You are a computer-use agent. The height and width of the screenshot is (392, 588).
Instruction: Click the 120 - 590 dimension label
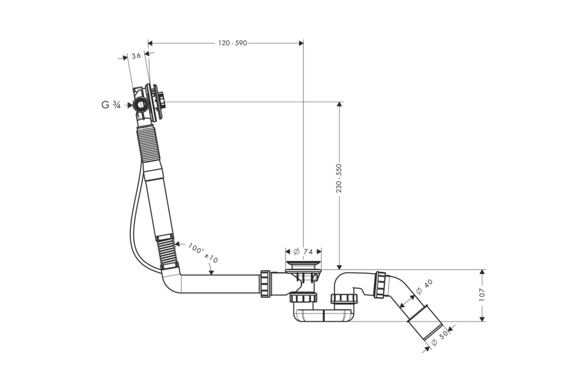point(233,43)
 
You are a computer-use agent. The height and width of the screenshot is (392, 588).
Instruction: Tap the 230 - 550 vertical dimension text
point(339,178)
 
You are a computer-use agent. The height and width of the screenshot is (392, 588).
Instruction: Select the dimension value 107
point(482,294)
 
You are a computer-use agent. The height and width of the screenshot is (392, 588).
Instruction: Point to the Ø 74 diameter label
point(303,252)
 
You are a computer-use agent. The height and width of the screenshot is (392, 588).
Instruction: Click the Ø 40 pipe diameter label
point(424,287)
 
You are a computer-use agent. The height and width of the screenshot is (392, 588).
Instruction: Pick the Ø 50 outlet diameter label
point(440,339)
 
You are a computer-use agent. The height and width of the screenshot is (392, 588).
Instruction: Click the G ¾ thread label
point(111,105)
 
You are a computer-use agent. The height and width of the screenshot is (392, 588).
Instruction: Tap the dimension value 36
point(136,56)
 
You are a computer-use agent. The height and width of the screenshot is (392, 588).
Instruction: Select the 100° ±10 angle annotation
point(203,253)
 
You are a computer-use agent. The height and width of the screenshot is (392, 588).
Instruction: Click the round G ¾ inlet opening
point(141,105)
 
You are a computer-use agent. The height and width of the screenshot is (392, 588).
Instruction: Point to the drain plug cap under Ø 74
point(303,263)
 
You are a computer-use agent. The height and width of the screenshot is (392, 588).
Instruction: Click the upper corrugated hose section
point(148,144)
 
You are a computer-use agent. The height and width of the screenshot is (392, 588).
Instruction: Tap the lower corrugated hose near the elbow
point(168,251)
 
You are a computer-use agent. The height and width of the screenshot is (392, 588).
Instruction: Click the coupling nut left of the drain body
point(266,284)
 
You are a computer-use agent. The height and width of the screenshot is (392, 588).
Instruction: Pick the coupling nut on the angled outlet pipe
point(380,285)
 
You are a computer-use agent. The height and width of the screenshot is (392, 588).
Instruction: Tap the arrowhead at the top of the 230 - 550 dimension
point(339,104)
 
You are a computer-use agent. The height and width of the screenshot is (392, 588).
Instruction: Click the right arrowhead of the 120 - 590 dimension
point(301,43)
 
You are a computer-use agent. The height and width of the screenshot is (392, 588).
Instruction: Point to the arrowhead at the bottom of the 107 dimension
point(482,319)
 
